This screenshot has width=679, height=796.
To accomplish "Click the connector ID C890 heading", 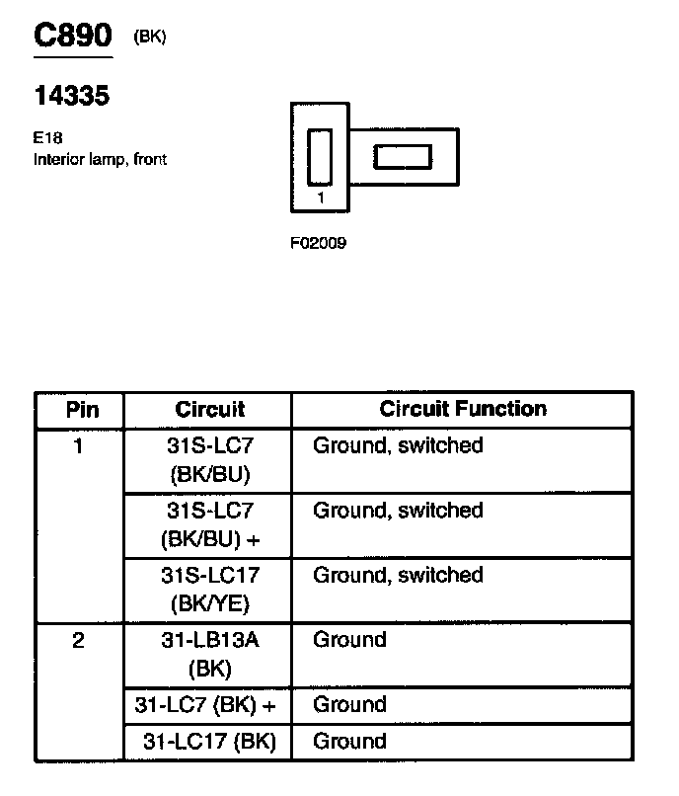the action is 73,37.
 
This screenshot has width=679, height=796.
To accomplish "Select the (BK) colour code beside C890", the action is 150,38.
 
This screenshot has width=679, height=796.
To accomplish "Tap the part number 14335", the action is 71,96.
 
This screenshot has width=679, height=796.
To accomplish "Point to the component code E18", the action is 48,139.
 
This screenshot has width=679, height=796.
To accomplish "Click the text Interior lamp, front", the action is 100,159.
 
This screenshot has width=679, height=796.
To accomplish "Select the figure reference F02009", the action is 318,243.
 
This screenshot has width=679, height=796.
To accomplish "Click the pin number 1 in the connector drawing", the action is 321,198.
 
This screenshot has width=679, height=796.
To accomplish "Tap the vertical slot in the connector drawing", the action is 320,157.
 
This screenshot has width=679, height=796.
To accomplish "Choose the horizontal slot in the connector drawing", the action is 402,157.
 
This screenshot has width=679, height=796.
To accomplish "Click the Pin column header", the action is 80,410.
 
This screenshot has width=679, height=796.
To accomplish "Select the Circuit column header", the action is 209,410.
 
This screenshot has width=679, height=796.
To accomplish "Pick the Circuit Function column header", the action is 463,409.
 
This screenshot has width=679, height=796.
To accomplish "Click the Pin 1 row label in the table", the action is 78,446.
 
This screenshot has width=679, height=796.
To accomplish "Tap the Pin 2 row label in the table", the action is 78,641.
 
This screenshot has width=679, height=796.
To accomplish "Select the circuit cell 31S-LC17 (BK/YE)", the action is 209,590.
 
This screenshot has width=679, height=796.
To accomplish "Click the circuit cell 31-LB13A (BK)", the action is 209,654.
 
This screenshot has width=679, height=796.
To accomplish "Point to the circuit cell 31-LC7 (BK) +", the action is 209,705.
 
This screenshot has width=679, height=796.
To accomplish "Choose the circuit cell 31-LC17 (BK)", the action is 209,742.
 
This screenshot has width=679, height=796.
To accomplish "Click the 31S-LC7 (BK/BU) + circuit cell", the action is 209,524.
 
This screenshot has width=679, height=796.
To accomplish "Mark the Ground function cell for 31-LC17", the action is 349,742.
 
